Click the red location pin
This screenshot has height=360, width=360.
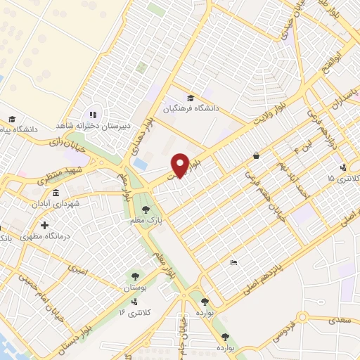[x=179, y=165]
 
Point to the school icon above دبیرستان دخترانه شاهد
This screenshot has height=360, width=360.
[x=91, y=115]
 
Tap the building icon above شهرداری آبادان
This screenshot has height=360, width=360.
[x=56, y=193]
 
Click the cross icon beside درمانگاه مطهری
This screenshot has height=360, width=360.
[x=44, y=226]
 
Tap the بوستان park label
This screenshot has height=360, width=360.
[x=134, y=289]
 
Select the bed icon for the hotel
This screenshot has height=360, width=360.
[x=233, y=263]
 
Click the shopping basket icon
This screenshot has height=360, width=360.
[x=255, y=155]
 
